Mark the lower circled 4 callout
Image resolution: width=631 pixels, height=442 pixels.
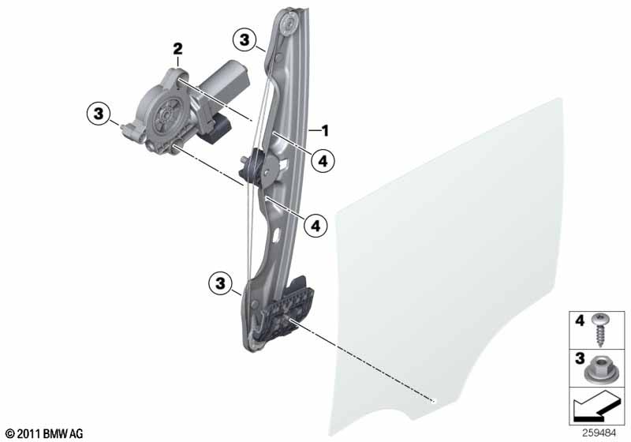click(315, 226)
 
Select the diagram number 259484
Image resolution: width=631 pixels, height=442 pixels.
click(601, 433)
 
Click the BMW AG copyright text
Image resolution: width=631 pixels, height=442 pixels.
click(43, 433)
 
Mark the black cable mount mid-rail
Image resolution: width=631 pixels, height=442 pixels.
click(257, 166)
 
